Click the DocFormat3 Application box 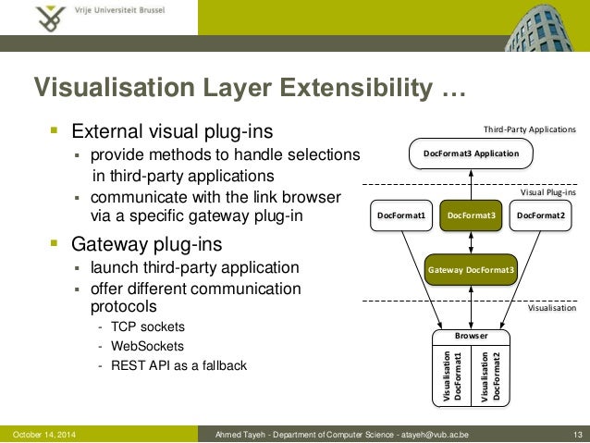(471, 153)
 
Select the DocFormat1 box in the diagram (400, 215)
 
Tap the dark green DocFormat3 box (472, 215)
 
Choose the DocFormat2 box (541, 215)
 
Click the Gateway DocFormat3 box (472, 269)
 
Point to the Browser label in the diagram (472, 337)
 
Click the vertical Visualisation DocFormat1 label (452, 375)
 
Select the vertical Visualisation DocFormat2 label (490, 375)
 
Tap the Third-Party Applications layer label (530, 130)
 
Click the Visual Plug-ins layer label (547, 192)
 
